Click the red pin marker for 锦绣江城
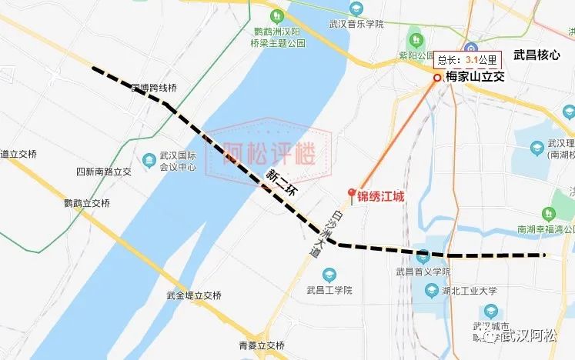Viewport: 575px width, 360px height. coord(352,194)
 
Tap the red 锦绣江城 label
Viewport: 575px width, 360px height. coord(380,196)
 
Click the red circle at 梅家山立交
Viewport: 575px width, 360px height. coord(436,77)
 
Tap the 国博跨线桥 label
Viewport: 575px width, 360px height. coord(154,88)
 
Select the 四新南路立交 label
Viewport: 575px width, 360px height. coord(105,171)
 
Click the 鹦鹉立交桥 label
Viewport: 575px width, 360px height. coord(88,203)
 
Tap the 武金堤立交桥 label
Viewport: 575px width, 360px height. coord(194,295)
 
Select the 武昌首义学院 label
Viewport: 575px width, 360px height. coord(423,272)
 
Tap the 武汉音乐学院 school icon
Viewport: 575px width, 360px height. coord(355,8)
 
